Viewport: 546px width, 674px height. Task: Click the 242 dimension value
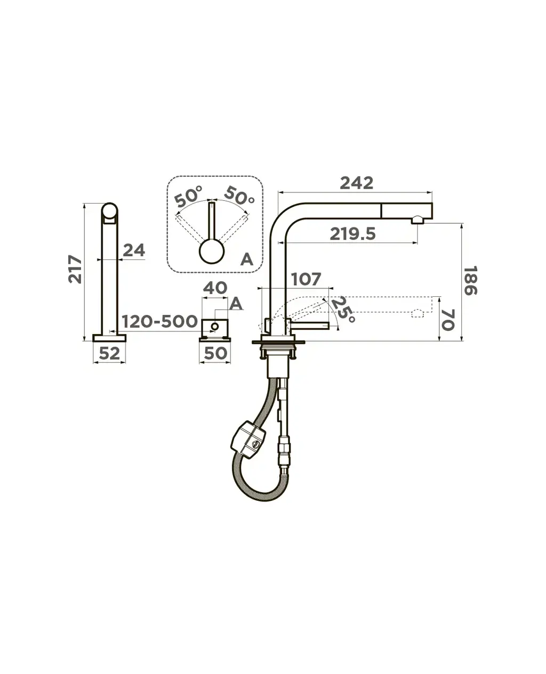(x=356, y=183)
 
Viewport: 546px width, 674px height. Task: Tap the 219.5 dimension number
(x=352, y=234)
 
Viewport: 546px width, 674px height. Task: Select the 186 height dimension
(x=471, y=281)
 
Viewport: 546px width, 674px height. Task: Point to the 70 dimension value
(x=448, y=320)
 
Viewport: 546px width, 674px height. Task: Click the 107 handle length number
(x=306, y=279)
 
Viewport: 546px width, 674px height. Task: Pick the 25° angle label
(x=343, y=310)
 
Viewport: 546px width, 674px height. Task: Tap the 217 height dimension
(x=75, y=269)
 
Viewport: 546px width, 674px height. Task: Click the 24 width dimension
(x=134, y=250)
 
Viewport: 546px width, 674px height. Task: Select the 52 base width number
(x=110, y=353)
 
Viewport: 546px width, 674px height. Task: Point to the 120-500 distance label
(x=160, y=321)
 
